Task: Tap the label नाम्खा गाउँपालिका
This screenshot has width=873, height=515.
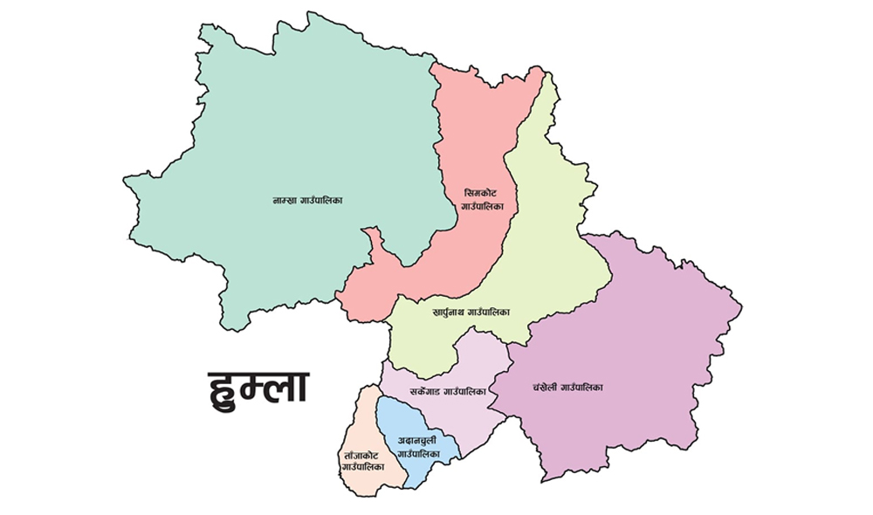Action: [307, 201]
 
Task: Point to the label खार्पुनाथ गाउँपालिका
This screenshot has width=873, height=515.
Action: [471, 312]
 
